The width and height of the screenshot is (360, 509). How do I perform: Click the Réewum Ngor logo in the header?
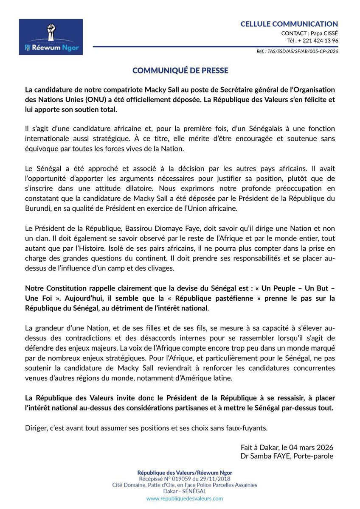coord(51,37)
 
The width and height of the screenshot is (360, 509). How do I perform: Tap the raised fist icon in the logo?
coord(51,31)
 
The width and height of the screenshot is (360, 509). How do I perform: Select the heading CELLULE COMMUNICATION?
coord(289,24)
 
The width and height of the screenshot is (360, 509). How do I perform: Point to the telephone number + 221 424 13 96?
coord(318,41)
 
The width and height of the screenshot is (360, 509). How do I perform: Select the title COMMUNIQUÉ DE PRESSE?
coord(180,70)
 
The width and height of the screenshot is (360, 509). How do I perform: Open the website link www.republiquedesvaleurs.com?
coord(184,499)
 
